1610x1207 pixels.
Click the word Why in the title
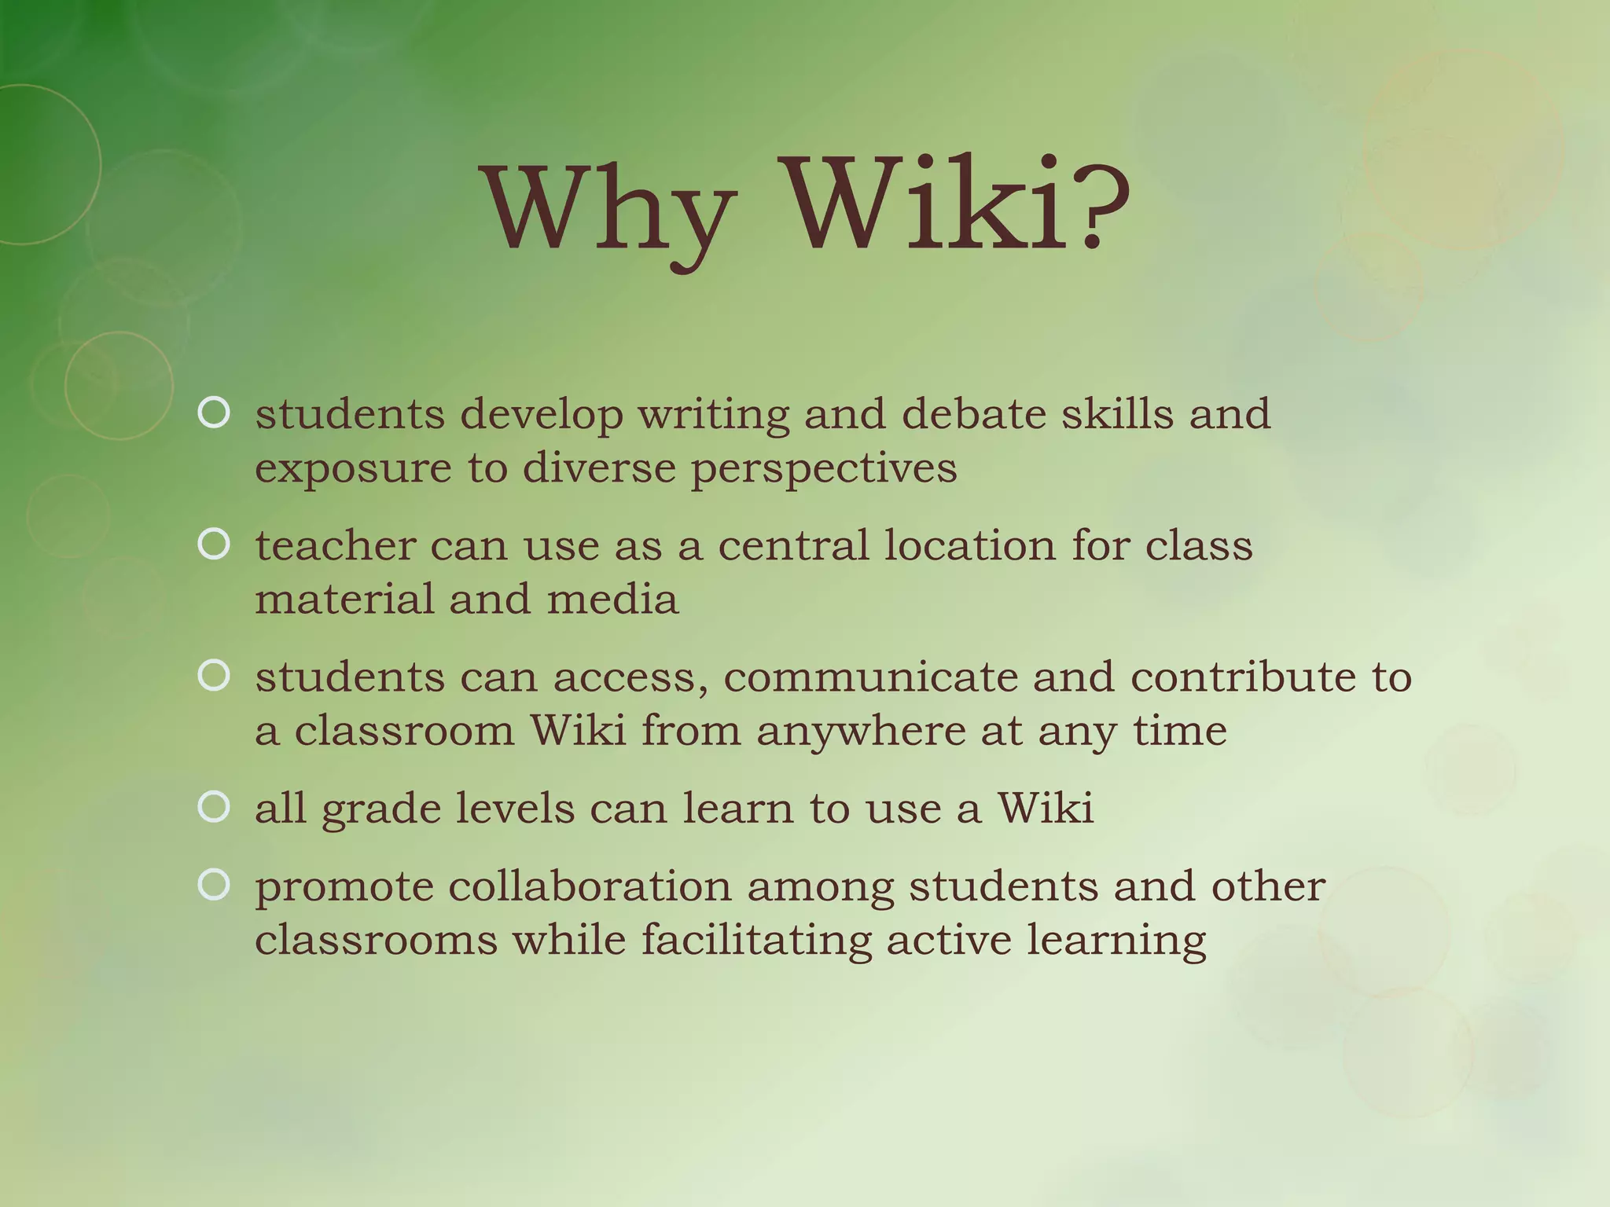(x=610, y=207)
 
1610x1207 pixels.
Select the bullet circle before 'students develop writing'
(x=214, y=413)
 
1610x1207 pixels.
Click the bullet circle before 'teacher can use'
(x=214, y=544)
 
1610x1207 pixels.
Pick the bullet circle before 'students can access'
(x=214, y=675)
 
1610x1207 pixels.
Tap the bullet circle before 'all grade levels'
(x=214, y=806)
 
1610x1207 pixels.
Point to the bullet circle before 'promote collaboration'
(x=214, y=885)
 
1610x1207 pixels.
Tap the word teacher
(x=335, y=545)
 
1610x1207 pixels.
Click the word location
(x=970, y=545)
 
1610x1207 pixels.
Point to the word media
(x=612, y=599)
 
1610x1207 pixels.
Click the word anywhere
(x=861, y=732)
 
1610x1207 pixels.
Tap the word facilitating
(x=756, y=941)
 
